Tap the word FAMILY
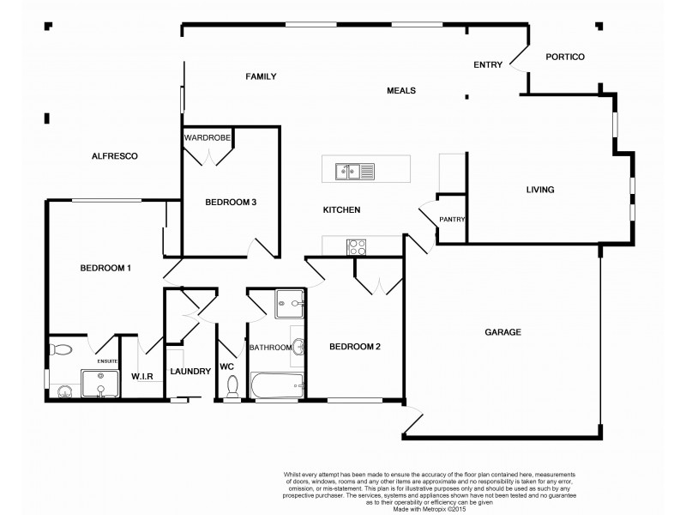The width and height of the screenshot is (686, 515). pyautogui.click(x=261, y=76)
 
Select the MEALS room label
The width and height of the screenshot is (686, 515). pyautogui.click(x=401, y=89)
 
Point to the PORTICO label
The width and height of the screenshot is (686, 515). pyautogui.click(x=565, y=57)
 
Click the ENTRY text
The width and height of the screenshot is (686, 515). pyautogui.click(x=488, y=64)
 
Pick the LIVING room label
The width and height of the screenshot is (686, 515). pyautogui.click(x=540, y=190)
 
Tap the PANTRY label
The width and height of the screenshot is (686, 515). pyautogui.click(x=452, y=220)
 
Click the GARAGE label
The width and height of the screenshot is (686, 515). pyautogui.click(x=502, y=332)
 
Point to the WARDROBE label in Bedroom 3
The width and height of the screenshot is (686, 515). pyautogui.click(x=208, y=136)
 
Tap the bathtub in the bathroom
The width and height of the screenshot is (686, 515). pyautogui.click(x=274, y=384)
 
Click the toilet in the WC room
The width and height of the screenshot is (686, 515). pyautogui.click(x=231, y=388)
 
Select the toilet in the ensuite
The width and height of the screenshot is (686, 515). pyautogui.click(x=60, y=349)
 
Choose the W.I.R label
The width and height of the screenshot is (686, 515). pyautogui.click(x=142, y=376)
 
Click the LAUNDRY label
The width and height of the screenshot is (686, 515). pyautogui.click(x=190, y=372)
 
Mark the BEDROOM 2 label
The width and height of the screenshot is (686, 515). pyautogui.click(x=355, y=347)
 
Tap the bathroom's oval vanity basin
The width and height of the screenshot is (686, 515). pyautogui.click(x=297, y=348)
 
